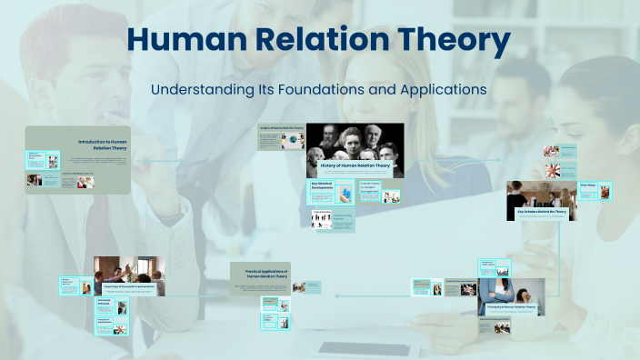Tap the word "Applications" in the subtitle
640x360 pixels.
[440, 90]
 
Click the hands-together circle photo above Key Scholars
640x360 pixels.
[552, 170]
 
